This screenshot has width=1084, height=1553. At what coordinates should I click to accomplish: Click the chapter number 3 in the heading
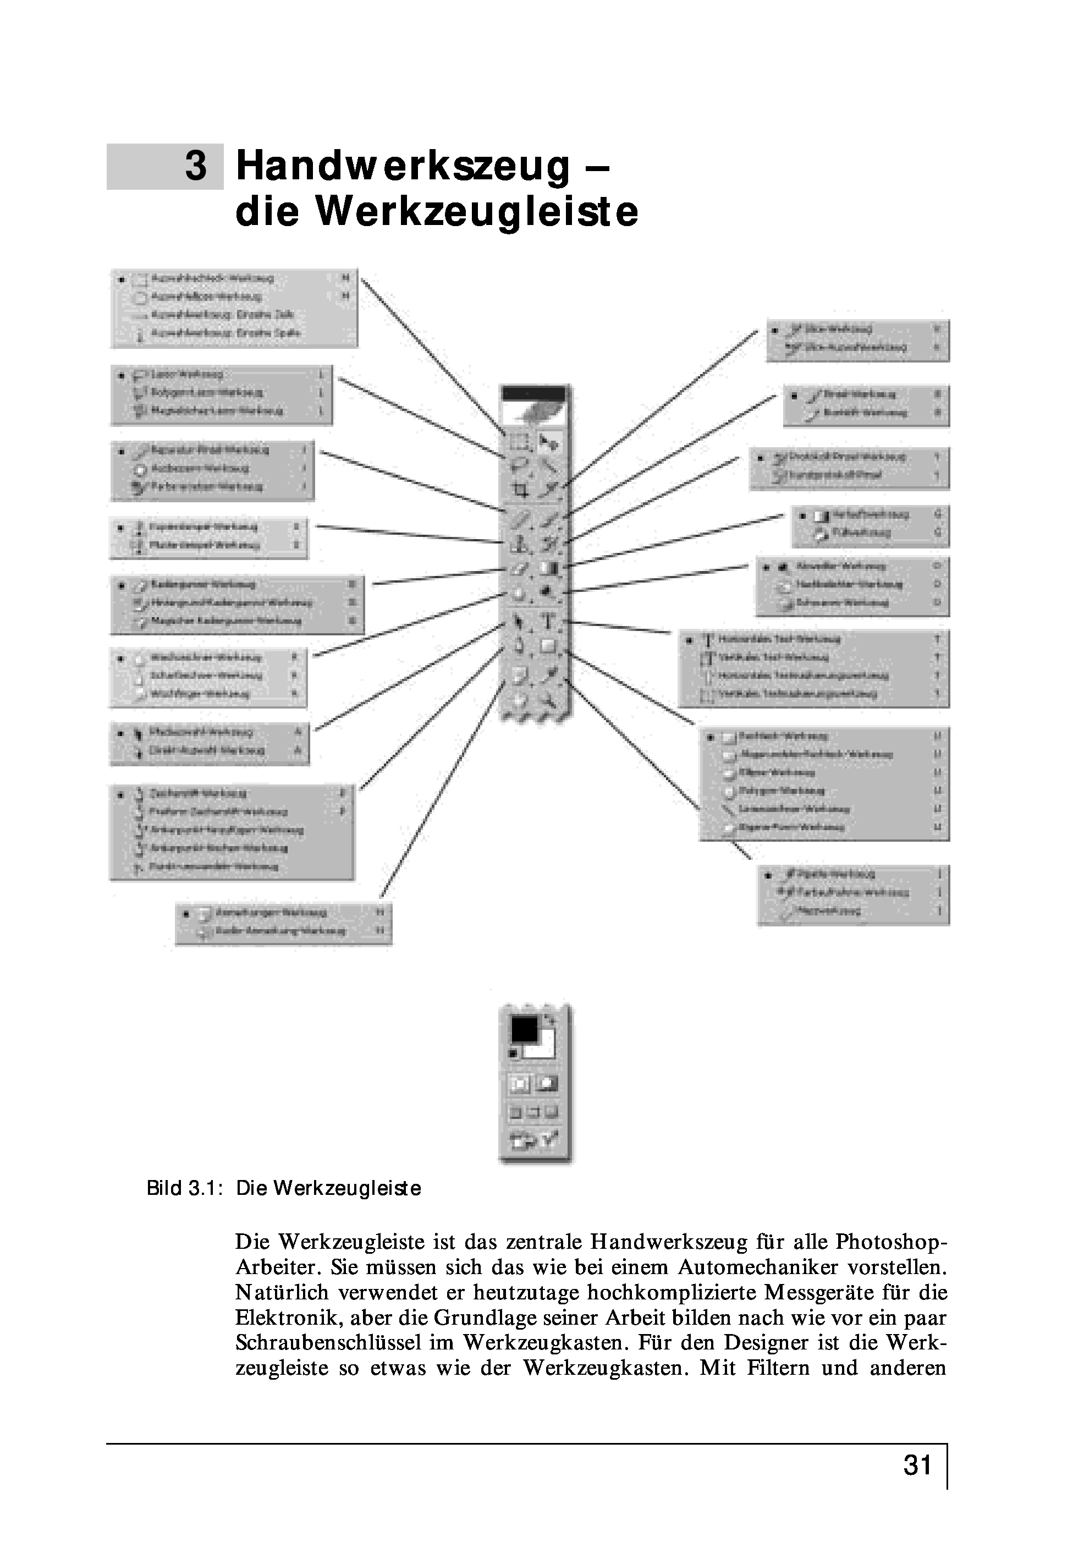tap(195, 166)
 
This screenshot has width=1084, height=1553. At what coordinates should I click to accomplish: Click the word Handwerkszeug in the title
tap(403, 166)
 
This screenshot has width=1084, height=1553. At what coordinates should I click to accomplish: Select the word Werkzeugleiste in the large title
tap(477, 212)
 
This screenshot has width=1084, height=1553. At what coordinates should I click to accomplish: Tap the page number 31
tap(918, 1465)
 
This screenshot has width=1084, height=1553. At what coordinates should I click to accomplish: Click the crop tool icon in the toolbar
tap(519, 489)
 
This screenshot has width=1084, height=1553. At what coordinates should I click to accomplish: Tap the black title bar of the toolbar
tap(533, 393)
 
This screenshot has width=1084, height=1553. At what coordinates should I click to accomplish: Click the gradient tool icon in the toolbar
tap(549, 569)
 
